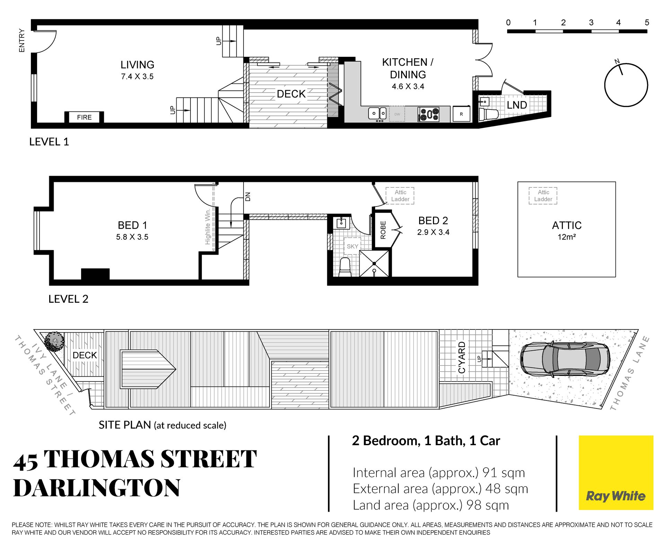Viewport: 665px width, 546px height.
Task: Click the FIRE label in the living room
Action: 85,117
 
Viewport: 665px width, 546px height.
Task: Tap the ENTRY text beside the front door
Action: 22,41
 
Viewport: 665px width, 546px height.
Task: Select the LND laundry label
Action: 517,105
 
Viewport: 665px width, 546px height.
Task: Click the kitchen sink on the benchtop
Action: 377,113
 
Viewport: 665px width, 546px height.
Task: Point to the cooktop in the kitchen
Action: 429,114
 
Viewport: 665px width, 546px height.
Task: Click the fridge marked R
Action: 461,114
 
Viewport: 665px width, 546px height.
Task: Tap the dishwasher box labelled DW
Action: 397,114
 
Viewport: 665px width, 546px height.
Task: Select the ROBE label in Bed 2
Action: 383,230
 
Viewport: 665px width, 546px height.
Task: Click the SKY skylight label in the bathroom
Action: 353,246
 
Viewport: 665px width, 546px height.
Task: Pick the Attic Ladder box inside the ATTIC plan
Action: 543,196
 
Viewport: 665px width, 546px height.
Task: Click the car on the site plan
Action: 565,359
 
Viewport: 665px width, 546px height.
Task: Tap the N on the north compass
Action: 617,61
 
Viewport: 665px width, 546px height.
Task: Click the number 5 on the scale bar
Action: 647,23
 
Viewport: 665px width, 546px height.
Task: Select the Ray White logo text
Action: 615,496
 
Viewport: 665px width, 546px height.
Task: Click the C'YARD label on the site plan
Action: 462,357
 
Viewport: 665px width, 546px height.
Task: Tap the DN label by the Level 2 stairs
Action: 248,197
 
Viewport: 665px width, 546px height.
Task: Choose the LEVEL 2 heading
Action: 68,299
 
